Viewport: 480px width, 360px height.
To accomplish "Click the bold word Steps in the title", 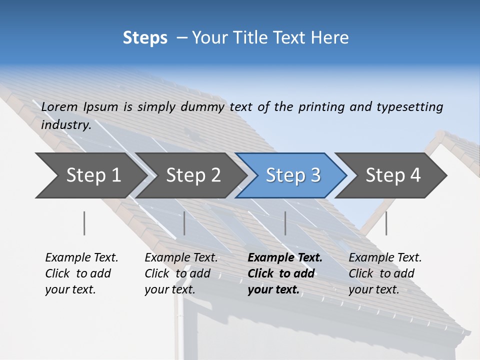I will coord(145,38).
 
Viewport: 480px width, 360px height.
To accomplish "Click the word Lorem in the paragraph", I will coord(59,107).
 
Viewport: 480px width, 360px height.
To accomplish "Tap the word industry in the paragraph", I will coord(66,125).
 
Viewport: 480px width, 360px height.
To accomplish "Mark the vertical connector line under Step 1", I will coord(84,223).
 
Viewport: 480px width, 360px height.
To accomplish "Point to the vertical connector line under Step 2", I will coord(184,223).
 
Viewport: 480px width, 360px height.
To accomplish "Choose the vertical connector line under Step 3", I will coord(285,223).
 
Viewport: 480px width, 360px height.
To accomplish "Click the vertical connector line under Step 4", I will coord(386,223).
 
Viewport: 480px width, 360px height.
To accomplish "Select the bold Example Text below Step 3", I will coord(285,258).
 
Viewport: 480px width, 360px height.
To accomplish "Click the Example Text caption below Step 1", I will coord(81,258).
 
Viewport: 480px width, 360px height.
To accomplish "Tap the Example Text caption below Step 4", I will coord(385,258).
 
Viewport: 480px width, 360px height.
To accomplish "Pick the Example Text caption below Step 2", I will coord(181,258).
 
